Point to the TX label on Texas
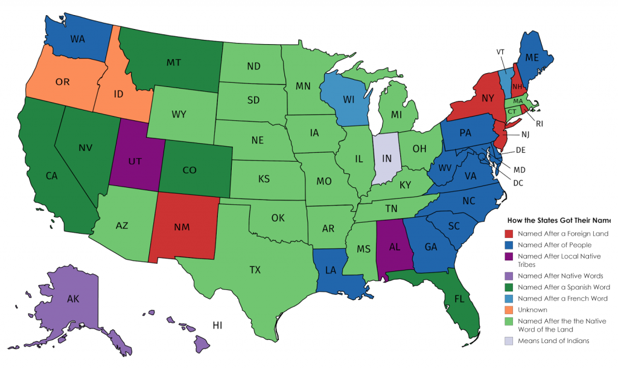coord(255,270)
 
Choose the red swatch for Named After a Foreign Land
coord(510,234)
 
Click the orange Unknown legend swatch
coord(510,309)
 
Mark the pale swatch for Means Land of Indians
coord(510,341)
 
